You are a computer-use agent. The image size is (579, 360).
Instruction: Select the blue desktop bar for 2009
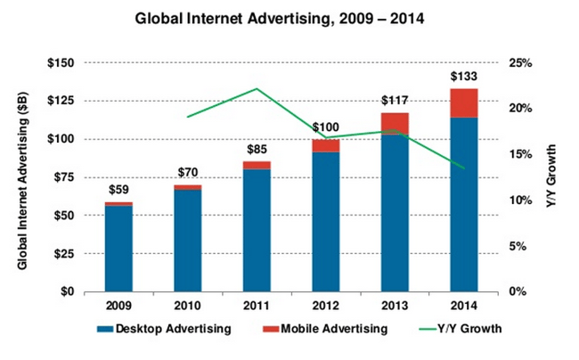point(118,249)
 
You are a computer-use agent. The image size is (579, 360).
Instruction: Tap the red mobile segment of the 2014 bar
point(463,103)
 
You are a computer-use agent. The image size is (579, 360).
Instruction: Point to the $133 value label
point(463,76)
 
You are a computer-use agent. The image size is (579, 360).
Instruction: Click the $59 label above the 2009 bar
point(118,190)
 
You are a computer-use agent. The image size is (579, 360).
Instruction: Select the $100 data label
point(326,127)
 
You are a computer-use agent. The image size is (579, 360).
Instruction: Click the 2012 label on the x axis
point(326,306)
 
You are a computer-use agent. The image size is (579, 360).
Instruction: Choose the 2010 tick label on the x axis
point(188,306)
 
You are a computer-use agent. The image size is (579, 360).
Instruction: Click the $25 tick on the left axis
point(69,254)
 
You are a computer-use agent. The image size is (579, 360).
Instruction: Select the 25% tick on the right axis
point(520,63)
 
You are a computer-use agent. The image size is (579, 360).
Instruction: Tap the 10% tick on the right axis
point(520,200)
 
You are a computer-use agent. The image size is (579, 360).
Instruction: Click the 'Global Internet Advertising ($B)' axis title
point(21,177)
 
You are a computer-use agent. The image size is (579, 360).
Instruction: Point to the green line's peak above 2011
point(257,89)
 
